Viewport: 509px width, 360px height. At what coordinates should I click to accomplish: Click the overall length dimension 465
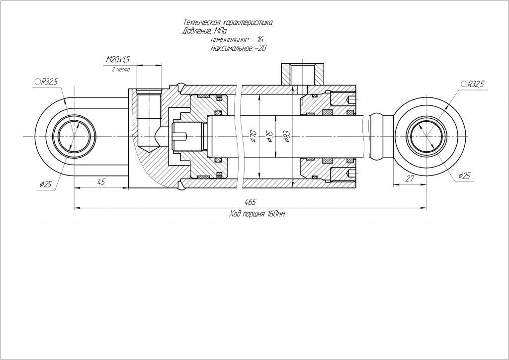tap(250, 202)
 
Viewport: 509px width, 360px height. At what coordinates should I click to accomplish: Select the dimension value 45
tap(101, 181)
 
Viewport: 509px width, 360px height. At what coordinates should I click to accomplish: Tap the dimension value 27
tap(410, 179)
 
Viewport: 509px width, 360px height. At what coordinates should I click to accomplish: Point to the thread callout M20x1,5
tap(118, 60)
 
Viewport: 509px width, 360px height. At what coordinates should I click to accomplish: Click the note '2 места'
tap(121, 70)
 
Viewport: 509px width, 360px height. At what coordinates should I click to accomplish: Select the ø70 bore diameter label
tap(253, 135)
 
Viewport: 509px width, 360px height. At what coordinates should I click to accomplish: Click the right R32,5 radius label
tap(473, 84)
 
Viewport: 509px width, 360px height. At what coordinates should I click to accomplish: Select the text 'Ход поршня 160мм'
tap(257, 214)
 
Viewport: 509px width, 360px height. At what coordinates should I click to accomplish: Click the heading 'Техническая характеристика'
tap(228, 23)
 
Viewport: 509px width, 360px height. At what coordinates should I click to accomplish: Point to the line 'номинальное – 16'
tap(237, 39)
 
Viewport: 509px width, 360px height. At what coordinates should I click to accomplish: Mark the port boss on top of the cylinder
tap(302, 74)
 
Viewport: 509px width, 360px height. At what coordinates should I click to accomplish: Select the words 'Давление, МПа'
tap(204, 31)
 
